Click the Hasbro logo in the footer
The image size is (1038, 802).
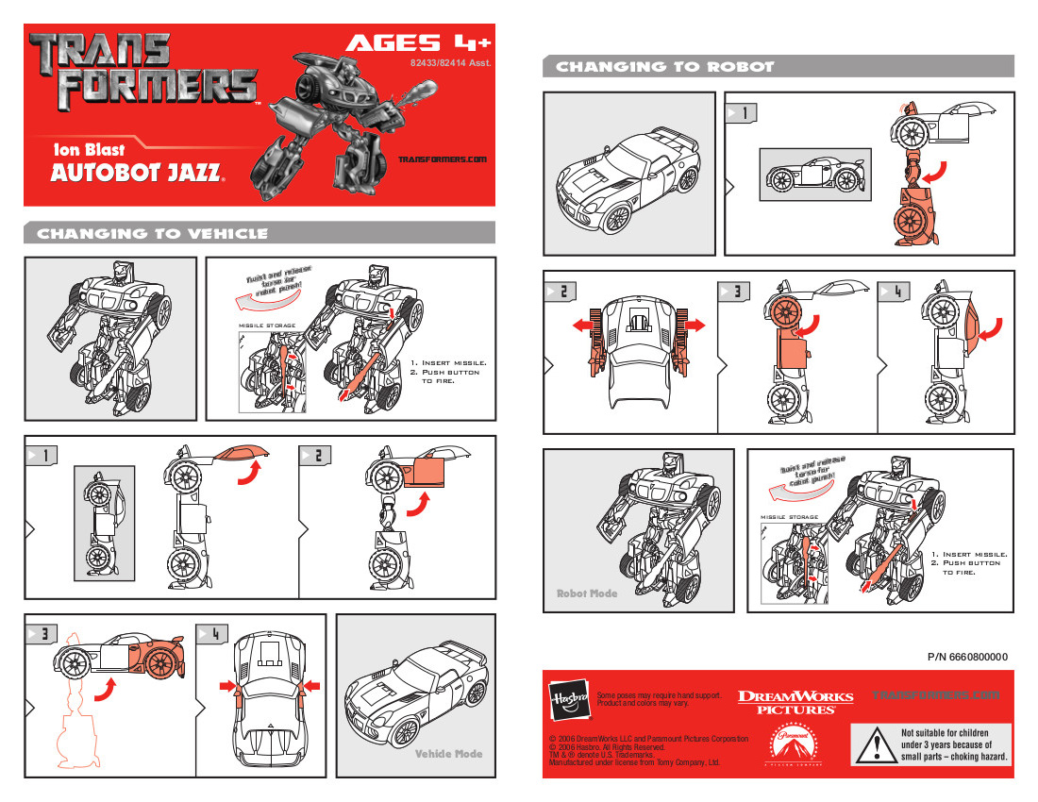click(x=569, y=698)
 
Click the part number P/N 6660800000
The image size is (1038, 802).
click(x=967, y=657)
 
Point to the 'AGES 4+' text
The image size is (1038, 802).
click(x=418, y=43)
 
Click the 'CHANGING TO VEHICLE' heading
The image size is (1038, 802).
click(x=152, y=234)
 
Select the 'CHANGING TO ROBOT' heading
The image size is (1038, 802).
click(x=665, y=67)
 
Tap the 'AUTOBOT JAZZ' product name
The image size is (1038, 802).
click(x=137, y=173)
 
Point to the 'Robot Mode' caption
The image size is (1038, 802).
click(x=586, y=593)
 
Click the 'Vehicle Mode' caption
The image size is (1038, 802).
click(x=448, y=754)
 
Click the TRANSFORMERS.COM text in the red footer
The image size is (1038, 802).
click(x=936, y=696)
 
